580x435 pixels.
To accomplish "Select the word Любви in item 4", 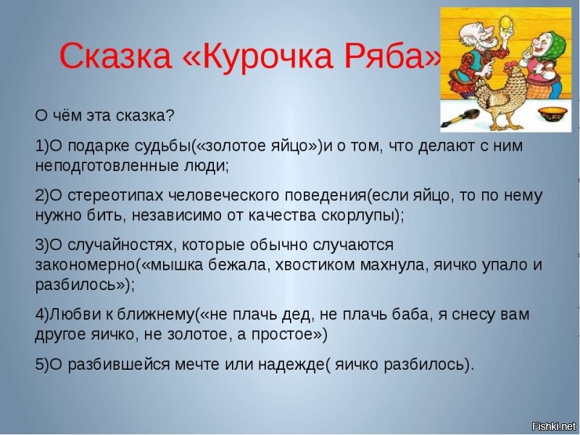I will [70, 315].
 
